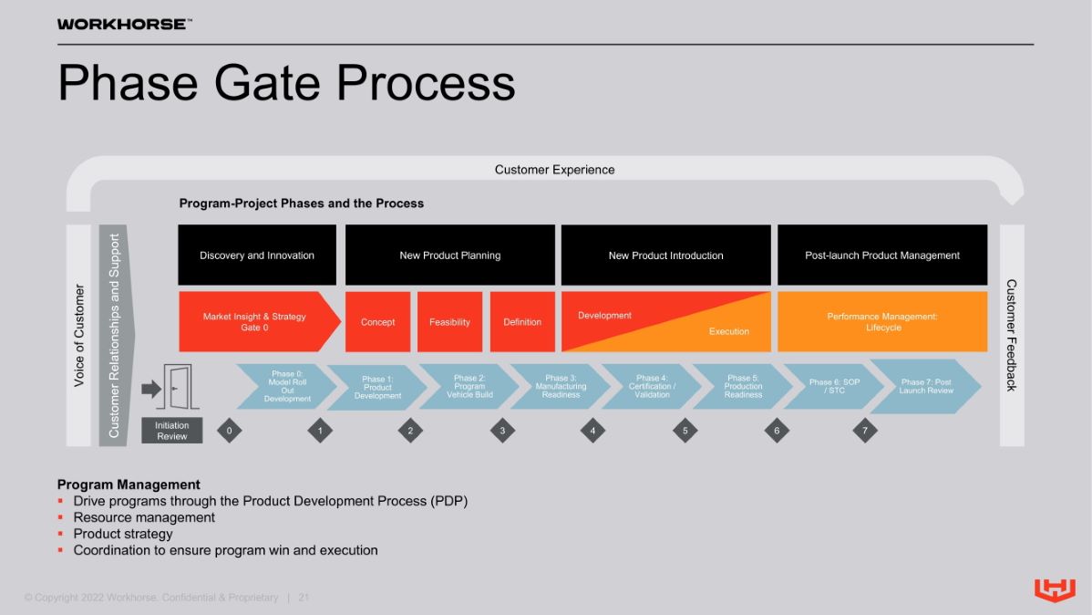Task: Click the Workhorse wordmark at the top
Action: (x=124, y=25)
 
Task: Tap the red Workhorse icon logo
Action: (x=1055, y=589)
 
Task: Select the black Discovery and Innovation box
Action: (x=257, y=255)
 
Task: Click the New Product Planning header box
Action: (x=450, y=255)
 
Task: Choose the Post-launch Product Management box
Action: (x=882, y=255)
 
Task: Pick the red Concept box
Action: (x=377, y=322)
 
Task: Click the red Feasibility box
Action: (x=450, y=322)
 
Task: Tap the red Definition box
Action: (x=522, y=322)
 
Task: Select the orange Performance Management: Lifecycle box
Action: (x=882, y=322)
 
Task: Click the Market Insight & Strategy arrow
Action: (x=259, y=322)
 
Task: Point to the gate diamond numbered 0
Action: (x=229, y=431)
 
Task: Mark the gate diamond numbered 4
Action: (x=592, y=431)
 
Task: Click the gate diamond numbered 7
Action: (x=865, y=431)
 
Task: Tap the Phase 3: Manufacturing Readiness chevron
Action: (x=561, y=386)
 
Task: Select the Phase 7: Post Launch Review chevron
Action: (x=926, y=386)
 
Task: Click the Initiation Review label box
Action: (x=172, y=431)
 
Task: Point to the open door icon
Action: (x=178, y=386)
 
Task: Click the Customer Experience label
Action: (x=554, y=170)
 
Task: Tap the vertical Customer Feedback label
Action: (x=1011, y=336)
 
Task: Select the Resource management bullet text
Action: (x=144, y=517)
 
